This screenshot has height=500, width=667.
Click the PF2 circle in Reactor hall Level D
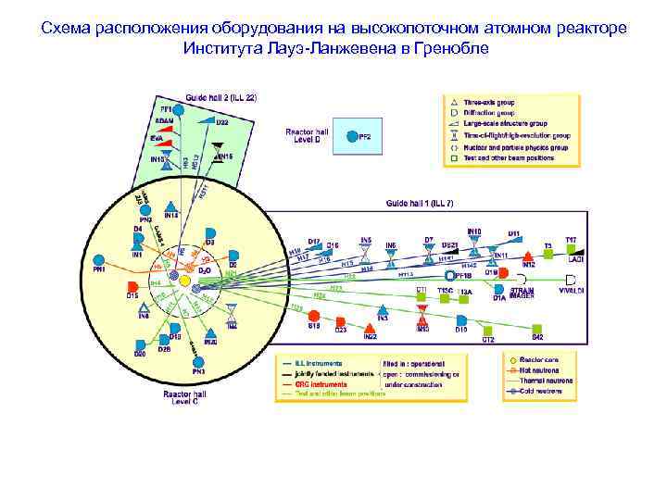click(x=352, y=136)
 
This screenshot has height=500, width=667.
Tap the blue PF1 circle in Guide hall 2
click(x=180, y=110)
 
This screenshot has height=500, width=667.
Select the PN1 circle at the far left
click(x=99, y=259)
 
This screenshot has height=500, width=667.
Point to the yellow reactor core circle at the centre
click(x=186, y=278)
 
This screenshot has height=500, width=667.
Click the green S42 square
click(x=536, y=327)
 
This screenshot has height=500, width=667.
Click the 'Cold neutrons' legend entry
click(x=538, y=393)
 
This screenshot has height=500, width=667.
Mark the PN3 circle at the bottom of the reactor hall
click(x=198, y=361)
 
